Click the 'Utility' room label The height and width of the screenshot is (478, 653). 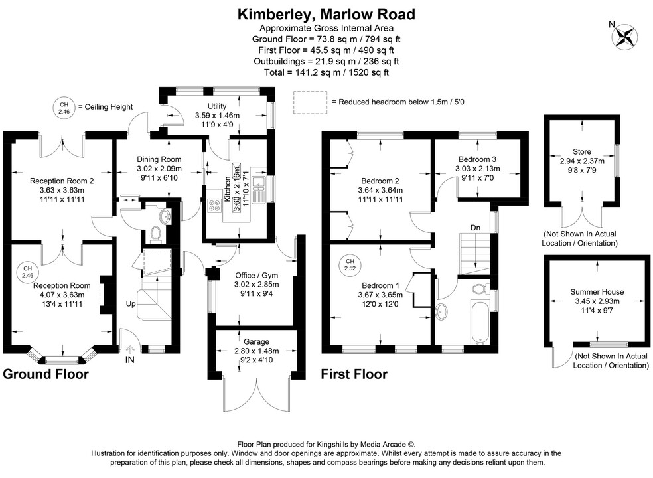[216, 106]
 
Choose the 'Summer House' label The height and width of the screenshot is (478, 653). [592, 292]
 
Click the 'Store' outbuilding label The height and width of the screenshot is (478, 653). [581, 152]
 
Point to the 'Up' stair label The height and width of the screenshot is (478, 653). [131, 304]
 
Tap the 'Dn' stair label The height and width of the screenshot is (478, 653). [475, 228]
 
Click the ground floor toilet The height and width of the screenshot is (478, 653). [157, 234]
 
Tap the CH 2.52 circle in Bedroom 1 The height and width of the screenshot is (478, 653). [349, 266]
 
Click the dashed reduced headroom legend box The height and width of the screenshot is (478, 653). [311, 102]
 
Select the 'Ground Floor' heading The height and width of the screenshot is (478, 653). [46, 374]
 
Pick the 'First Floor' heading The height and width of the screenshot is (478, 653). [354, 374]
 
